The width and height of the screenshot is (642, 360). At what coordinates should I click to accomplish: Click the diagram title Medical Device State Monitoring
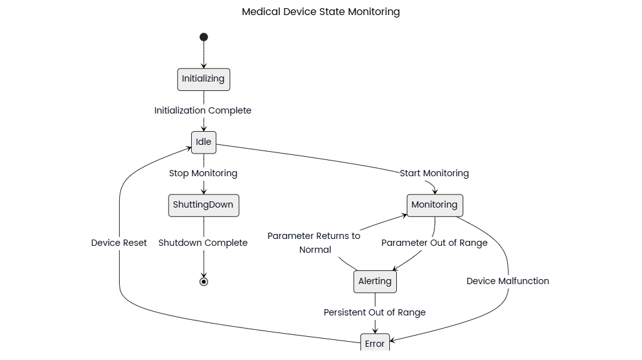pos(320,12)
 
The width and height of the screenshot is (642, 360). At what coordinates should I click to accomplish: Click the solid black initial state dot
pos(204,37)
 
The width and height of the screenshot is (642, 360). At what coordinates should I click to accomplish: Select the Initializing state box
pos(204,79)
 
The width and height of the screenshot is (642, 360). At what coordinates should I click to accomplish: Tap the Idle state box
pos(204,142)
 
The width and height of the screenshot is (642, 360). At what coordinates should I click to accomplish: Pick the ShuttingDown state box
pos(204,205)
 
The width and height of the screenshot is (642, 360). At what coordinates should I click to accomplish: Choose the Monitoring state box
pos(434,205)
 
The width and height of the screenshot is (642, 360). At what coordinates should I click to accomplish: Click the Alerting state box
pos(375,281)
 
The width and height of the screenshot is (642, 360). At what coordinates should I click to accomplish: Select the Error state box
pos(375,343)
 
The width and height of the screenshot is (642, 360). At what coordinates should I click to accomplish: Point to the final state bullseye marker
pos(204,282)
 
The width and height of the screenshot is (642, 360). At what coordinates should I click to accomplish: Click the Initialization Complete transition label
pos(203,110)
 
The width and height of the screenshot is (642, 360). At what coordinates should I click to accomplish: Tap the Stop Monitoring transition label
pos(203,173)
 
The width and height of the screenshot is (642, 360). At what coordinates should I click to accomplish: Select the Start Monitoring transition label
pos(434,173)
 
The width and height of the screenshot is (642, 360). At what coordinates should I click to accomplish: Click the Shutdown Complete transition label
pos(203,243)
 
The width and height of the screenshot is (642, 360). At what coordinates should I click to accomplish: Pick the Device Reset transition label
pos(119,243)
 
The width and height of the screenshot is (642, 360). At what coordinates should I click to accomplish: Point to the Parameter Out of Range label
pos(434,243)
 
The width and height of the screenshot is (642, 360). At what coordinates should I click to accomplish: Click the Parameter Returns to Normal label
pos(314,243)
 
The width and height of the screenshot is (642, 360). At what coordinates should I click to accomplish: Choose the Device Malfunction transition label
pos(508,281)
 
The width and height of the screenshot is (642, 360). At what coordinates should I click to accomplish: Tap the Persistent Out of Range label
pos(375,312)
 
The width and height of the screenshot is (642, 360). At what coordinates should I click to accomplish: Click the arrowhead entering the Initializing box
pos(204,65)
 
